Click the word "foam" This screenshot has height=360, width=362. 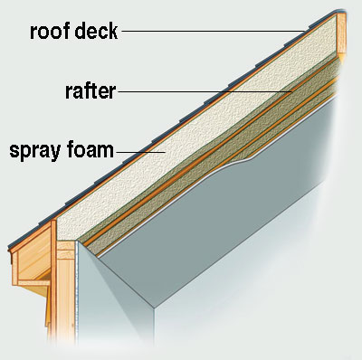coord(89,149)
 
